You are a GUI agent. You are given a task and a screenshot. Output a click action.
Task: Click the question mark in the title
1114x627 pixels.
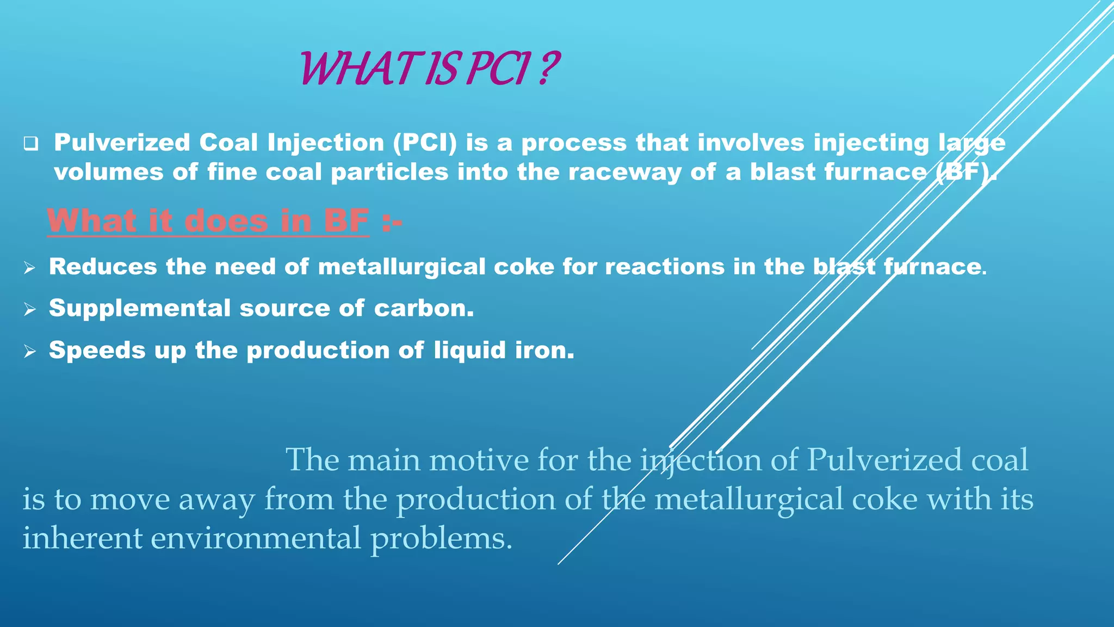coord(549,69)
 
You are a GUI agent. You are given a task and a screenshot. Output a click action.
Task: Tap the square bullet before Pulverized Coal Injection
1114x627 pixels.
coord(31,144)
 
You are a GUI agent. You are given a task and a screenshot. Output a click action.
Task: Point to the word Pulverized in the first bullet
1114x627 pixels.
coord(122,143)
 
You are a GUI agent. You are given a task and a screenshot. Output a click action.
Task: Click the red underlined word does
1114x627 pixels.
coord(226,222)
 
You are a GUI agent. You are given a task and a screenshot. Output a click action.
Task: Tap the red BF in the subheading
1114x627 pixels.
coord(346,222)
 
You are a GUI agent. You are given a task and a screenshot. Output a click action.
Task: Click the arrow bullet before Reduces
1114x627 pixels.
coord(30,268)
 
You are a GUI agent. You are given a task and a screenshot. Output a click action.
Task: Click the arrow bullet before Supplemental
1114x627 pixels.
coord(30,310)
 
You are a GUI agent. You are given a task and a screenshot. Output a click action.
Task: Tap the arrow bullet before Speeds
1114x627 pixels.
coord(30,352)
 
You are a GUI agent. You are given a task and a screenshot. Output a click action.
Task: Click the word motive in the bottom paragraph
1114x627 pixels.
coord(479,460)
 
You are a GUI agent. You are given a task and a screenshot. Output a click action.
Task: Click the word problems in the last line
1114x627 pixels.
coord(441,539)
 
